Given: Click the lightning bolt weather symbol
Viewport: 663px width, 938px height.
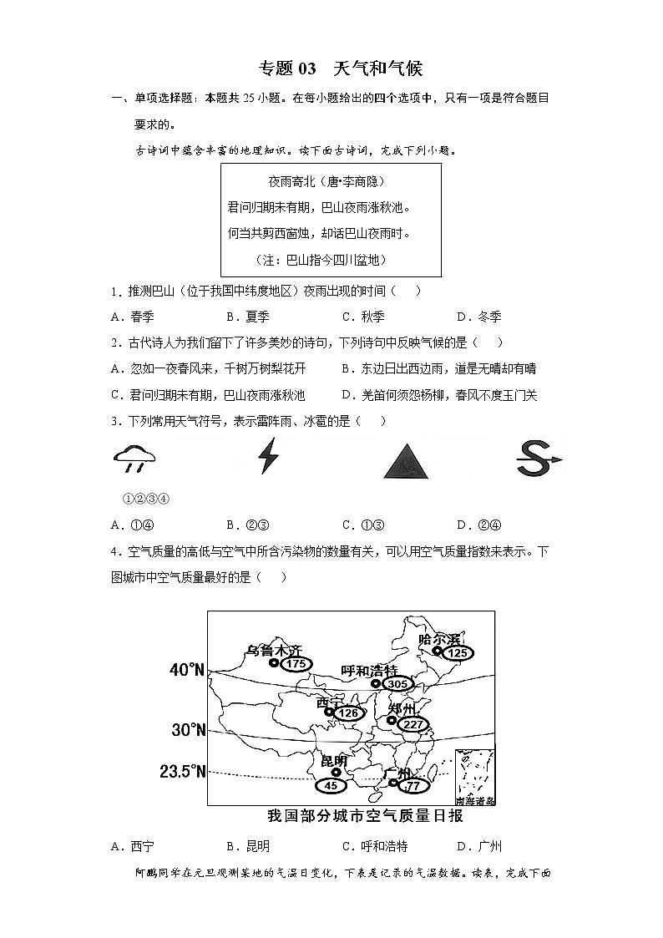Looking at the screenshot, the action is coord(267,456).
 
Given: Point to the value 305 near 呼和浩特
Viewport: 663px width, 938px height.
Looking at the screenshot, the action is coord(397,684).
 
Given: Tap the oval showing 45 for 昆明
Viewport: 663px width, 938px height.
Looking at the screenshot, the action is coord(331,786).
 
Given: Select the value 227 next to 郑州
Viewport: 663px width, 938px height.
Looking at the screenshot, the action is coord(412,724).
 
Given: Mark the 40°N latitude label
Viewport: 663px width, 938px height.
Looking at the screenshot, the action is coord(187,670).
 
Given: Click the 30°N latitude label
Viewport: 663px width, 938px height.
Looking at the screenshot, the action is coord(189,730).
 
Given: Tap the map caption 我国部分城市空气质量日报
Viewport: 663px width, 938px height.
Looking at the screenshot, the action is coord(365,816).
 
